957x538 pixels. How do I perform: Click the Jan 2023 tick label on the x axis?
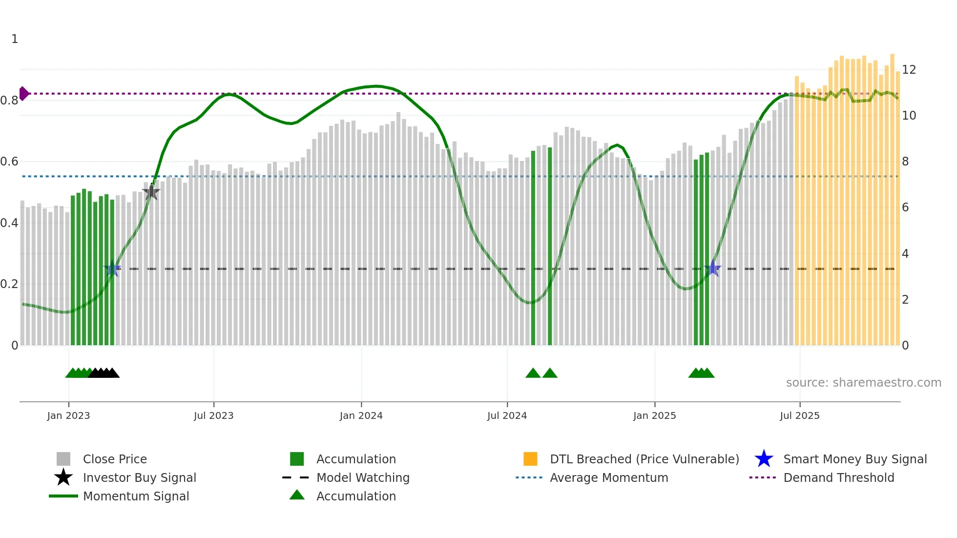tap(68, 416)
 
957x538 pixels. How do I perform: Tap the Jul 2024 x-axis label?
tap(507, 416)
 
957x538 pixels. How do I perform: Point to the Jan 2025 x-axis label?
tap(654, 416)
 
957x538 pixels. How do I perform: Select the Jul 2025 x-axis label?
tap(799, 416)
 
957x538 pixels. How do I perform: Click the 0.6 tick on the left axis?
tap(9, 162)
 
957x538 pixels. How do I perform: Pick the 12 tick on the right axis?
tap(909, 70)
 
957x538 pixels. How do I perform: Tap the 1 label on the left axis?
tap(15, 39)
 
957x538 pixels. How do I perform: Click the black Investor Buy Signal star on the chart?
tap(151, 192)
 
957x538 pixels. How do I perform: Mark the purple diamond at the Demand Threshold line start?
tap(23, 93)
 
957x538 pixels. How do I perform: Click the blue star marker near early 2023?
tap(112, 268)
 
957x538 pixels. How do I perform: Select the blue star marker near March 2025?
tap(713, 268)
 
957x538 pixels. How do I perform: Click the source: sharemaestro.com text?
tap(863, 383)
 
